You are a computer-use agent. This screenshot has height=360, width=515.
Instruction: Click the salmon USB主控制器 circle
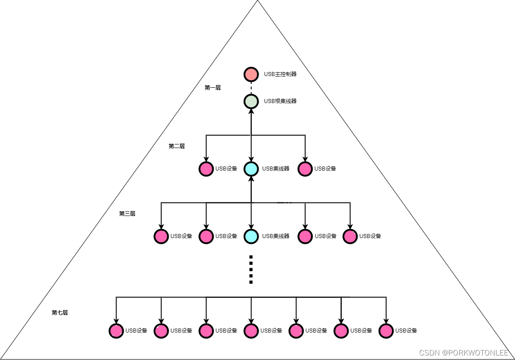click(x=251, y=74)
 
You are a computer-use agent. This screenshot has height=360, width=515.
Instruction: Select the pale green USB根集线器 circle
click(x=251, y=101)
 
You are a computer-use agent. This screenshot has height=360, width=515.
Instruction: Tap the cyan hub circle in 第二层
click(x=251, y=169)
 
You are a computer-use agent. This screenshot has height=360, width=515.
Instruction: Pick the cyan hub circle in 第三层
click(x=251, y=236)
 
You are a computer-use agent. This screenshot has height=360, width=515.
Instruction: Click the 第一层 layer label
click(x=213, y=88)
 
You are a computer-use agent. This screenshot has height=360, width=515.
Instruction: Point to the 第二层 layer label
click(x=177, y=146)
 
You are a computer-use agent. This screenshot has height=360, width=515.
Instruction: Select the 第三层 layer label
click(x=127, y=214)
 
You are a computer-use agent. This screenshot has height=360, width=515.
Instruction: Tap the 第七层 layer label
click(x=60, y=313)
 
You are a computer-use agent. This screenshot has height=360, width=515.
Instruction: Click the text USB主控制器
click(x=280, y=74)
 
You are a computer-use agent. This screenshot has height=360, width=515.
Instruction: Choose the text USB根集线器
click(x=280, y=101)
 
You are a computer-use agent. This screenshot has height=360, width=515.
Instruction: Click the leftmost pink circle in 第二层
click(x=206, y=169)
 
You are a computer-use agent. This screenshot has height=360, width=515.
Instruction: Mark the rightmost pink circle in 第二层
click(x=305, y=169)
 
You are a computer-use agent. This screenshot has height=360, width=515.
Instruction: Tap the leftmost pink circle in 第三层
click(x=161, y=236)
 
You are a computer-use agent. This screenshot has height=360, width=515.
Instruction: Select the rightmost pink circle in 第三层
click(x=350, y=236)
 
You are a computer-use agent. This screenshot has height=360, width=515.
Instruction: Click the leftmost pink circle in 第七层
click(x=116, y=331)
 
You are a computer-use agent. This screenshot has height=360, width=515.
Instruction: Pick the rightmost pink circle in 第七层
click(x=386, y=331)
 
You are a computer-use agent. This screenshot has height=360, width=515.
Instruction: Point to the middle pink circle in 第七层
click(x=251, y=331)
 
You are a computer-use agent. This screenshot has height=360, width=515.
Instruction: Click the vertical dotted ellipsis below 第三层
click(x=251, y=270)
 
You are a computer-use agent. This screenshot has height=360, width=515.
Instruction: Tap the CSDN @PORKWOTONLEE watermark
click(x=464, y=353)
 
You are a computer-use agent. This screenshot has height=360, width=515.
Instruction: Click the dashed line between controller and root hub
click(x=251, y=88)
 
